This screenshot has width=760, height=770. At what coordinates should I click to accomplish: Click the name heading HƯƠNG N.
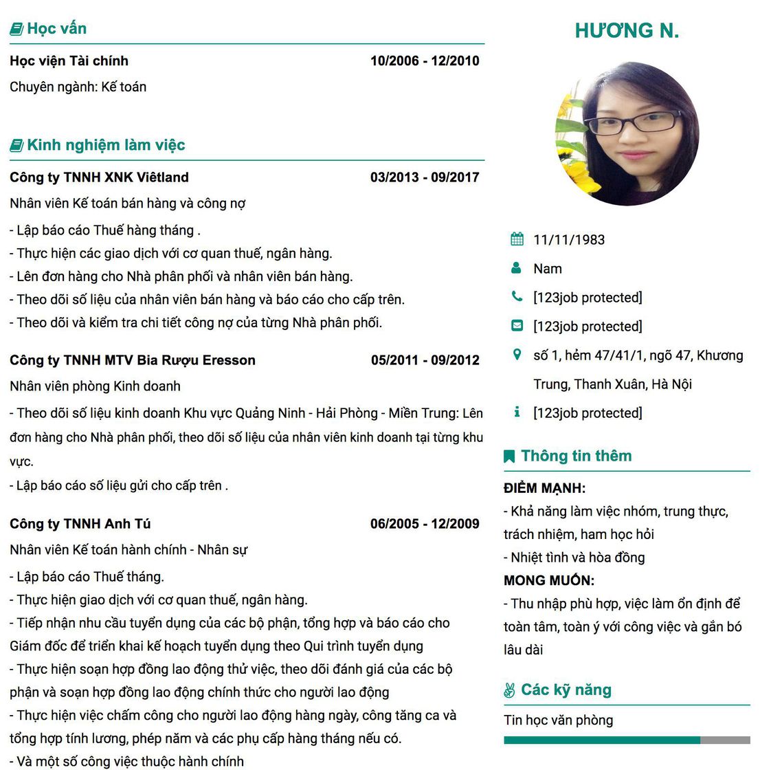click(627, 31)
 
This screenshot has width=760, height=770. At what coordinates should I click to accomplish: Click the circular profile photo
click(627, 134)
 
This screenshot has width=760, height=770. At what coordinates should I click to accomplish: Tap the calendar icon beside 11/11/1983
click(517, 239)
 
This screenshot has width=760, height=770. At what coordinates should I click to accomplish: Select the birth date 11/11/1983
click(569, 240)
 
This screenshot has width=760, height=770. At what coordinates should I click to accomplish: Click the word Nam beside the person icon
click(548, 269)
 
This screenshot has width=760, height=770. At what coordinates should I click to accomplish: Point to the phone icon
click(517, 297)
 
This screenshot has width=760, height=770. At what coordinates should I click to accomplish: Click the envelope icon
click(517, 326)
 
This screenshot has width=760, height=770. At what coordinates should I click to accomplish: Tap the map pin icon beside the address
click(517, 355)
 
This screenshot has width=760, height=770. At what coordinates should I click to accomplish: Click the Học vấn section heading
click(56, 29)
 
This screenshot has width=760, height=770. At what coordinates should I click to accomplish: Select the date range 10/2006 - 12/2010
click(425, 60)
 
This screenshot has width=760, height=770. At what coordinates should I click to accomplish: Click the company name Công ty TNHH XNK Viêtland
click(99, 177)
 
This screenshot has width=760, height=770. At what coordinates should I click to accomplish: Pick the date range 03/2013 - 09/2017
click(425, 177)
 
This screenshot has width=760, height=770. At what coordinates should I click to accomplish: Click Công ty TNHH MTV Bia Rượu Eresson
click(133, 360)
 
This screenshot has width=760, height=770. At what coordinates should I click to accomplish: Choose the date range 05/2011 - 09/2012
click(425, 360)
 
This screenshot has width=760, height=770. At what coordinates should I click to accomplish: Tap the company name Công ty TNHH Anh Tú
click(80, 524)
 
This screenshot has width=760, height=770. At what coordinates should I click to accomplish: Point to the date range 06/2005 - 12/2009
click(425, 524)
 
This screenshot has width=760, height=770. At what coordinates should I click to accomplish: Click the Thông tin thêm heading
click(576, 456)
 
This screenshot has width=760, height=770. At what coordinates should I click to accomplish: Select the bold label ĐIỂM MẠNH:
click(544, 489)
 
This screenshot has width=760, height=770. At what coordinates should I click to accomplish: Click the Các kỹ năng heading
click(566, 690)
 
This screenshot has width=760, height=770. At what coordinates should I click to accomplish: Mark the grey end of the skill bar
click(725, 740)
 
